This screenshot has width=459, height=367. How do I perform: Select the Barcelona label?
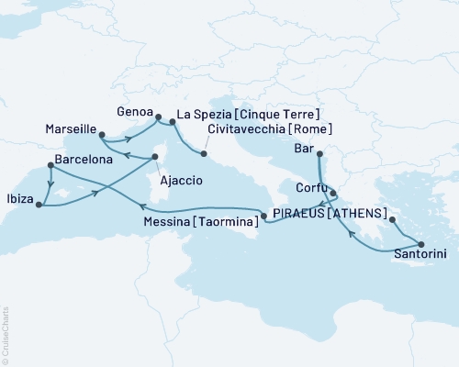[85, 159]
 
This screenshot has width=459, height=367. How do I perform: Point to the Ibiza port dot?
[39, 205]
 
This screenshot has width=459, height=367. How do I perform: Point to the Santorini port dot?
[421, 243]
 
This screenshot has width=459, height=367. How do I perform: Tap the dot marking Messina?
[264, 217]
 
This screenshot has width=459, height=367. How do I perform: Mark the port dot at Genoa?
[158, 117]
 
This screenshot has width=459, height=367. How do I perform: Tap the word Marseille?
[70, 130]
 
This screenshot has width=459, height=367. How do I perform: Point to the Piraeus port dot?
[392, 220]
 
